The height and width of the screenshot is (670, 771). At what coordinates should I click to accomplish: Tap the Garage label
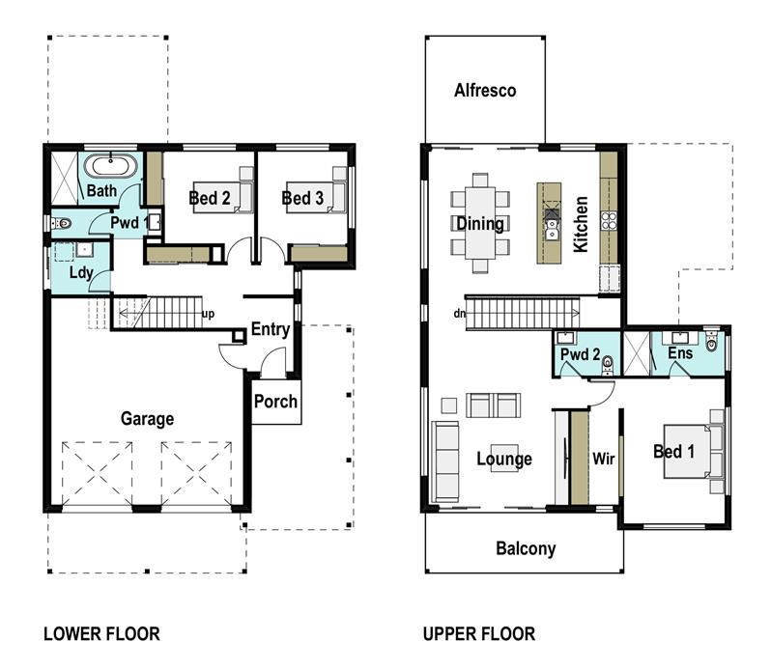tap(147, 419)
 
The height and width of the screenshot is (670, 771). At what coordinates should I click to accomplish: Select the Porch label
tap(276, 401)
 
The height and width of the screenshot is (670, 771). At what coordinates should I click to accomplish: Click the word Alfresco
tap(485, 91)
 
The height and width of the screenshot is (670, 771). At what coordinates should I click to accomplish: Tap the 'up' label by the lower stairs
tap(208, 314)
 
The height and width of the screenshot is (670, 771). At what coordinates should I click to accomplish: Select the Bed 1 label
tap(673, 452)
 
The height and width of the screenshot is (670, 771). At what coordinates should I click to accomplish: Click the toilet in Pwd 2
tap(608, 364)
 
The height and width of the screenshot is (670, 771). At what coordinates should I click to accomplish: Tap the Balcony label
tap(526, 548)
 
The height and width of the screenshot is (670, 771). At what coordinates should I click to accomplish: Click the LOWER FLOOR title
tap(101, 634)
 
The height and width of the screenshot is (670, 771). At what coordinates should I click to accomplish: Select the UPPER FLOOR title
tap(478, 634)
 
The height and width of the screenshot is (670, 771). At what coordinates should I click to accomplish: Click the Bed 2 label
tap(209, 198)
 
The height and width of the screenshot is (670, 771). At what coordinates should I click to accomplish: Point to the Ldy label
tap(81, 273)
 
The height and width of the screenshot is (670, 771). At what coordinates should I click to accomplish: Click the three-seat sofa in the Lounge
tap(446, 461)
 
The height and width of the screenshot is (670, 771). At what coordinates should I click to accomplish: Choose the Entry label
tap(270, 329)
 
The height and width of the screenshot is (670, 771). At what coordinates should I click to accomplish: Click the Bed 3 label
tap(302, 198)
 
